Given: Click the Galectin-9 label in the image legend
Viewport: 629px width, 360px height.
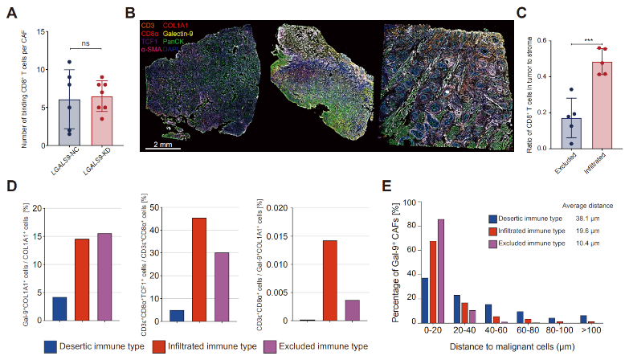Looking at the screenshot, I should click(x=182, y=34).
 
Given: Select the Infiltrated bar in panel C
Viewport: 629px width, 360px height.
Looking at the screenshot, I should click(x=596, y=105).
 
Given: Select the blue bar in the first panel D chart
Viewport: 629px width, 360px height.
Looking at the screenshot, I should click(x=59, y=309).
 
